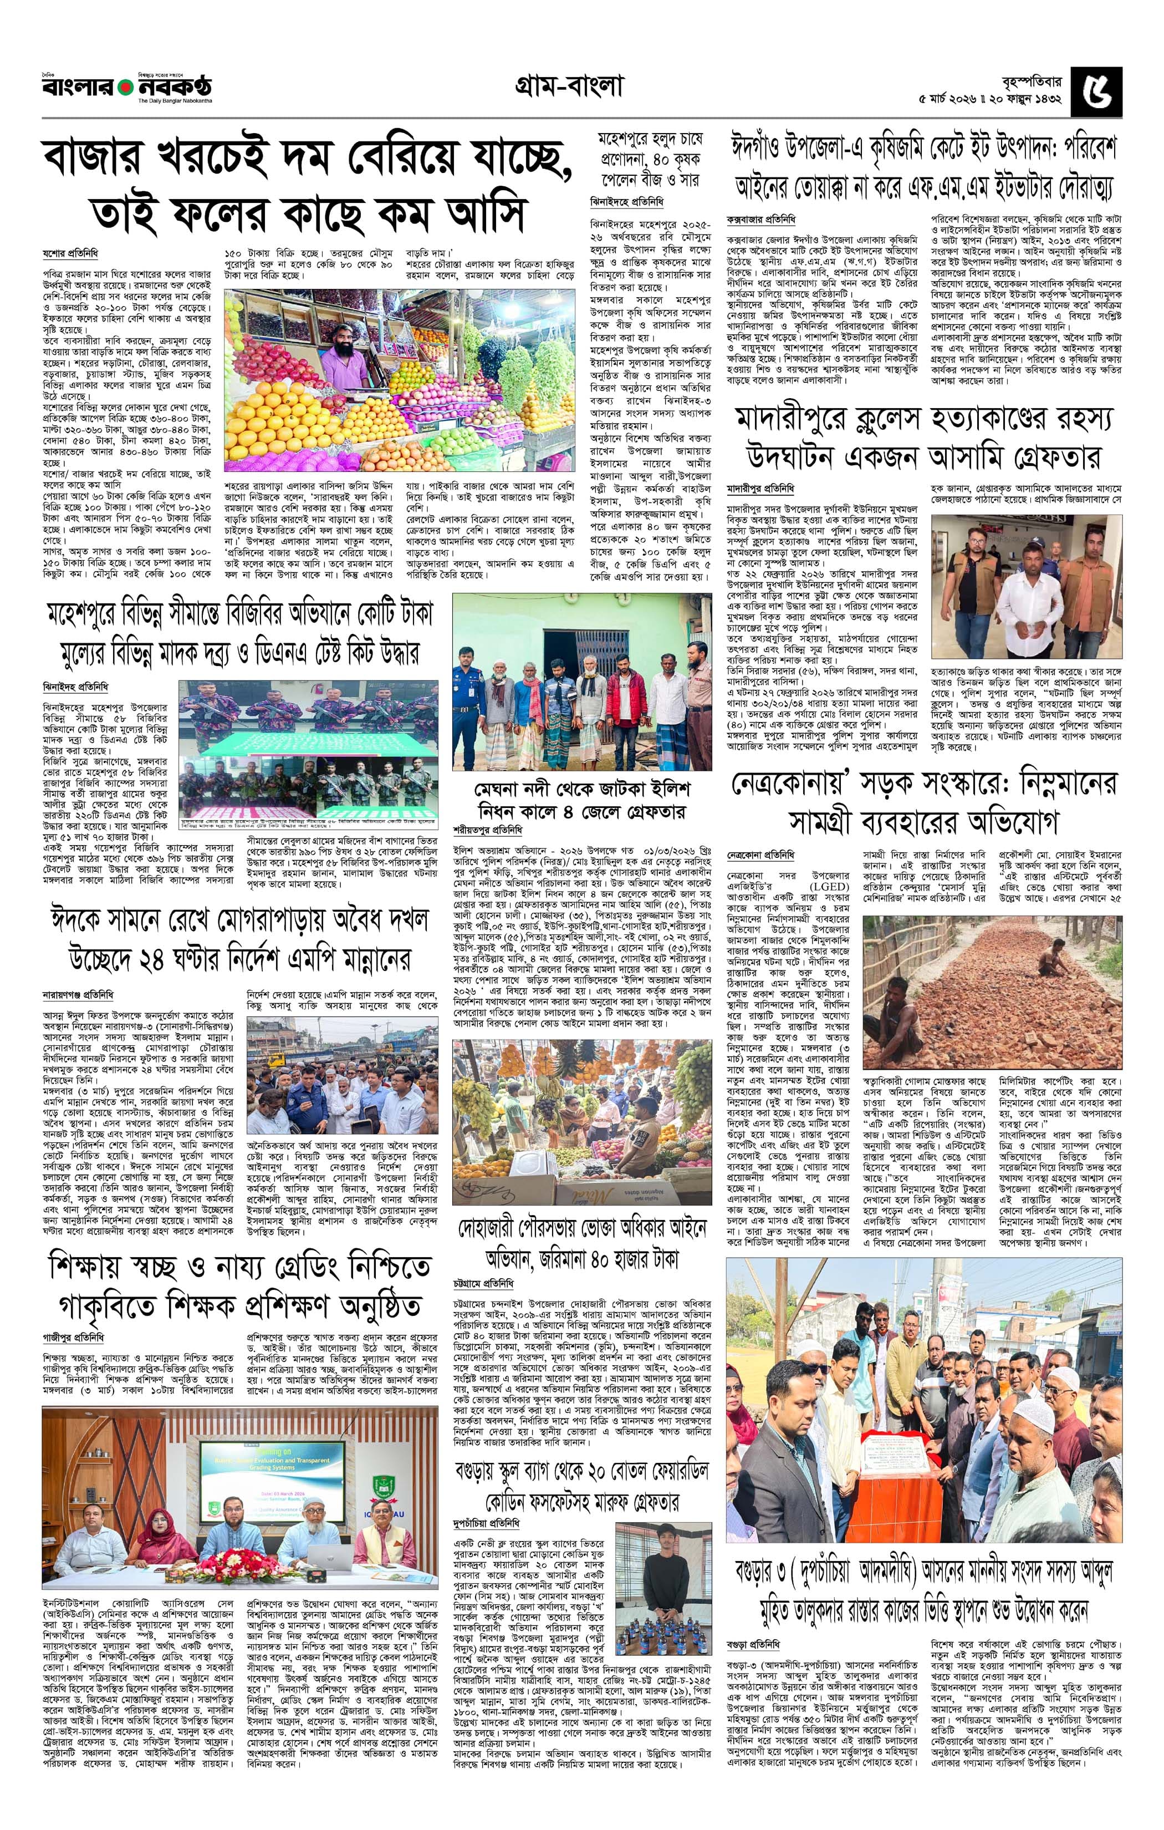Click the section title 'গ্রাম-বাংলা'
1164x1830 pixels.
[568, 88]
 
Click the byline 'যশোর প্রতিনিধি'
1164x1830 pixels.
[70, 253]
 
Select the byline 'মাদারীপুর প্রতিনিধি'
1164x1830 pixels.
[760, 488]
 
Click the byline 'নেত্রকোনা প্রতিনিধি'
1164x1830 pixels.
[760, 854]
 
